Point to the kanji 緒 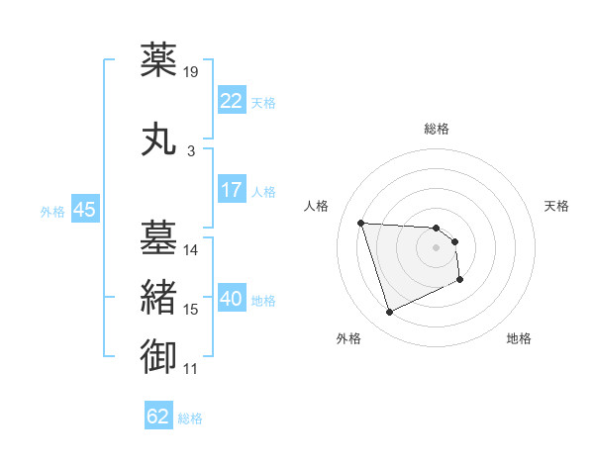tap(160, 297)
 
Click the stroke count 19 tap(191, 71)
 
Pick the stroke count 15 tap(191, 310)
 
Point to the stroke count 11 tap(191, 369)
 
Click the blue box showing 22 tap(232, 101)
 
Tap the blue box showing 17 tap(232, 191)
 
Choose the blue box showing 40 tap(232, 299)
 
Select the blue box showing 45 tap(84, 210)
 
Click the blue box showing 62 tap(158, 417)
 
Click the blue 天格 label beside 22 tap(263, 102)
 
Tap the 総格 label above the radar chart tap(436, 129)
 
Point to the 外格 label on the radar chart tap(348, 338)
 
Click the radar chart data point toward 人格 tap(360, 223)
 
